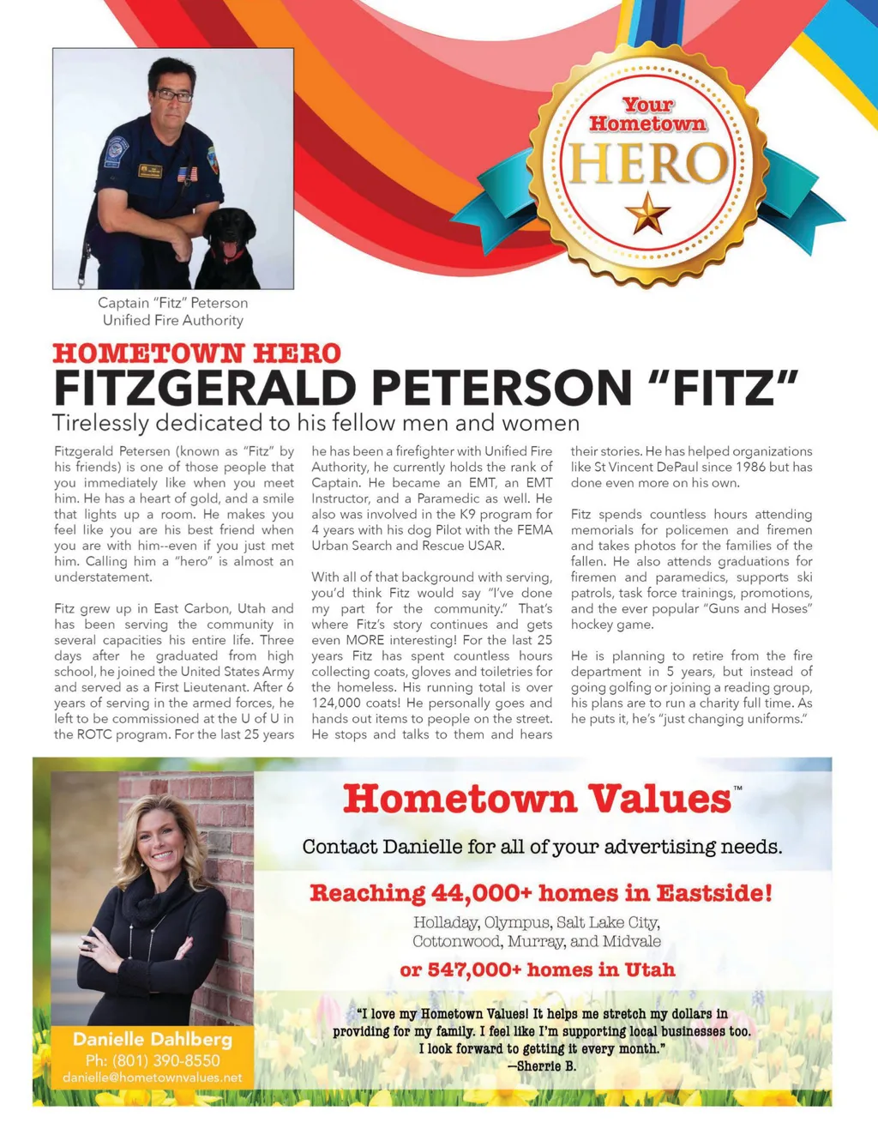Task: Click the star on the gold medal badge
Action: [647, 214]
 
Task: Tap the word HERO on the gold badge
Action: [648, 163]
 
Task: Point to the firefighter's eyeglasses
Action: [174, 95]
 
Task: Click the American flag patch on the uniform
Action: [187, 174]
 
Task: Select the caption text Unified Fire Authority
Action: [173, 320]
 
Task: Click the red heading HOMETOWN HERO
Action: [196, 353]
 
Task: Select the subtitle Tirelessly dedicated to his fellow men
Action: [316, 423]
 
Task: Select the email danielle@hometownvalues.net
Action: [153, 1078]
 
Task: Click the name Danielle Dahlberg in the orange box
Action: [153, 1039]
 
